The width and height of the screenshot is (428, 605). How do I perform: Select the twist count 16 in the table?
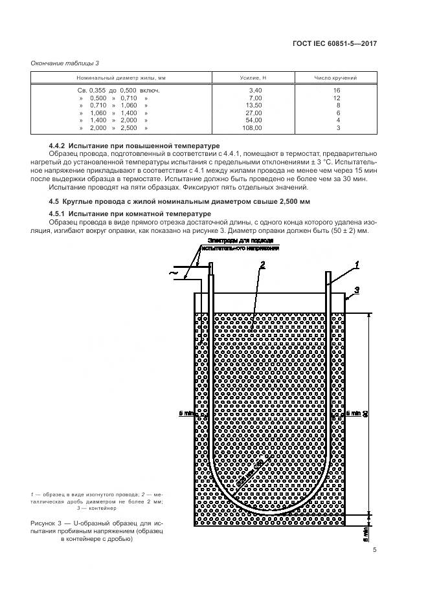coord(336,90)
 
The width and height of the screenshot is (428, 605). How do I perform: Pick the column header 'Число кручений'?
coord(336,78)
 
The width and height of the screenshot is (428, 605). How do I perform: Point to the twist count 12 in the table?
coord(336,98)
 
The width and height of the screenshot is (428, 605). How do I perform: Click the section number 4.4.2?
coord(60,146)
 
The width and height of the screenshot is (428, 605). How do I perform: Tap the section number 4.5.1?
coord(60,214)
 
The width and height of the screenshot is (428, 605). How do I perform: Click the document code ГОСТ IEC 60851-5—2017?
coord(334,43)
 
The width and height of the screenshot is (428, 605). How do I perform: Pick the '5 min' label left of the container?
coord(185,412)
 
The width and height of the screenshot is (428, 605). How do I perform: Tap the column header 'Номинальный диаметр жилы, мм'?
coord(121,78)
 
